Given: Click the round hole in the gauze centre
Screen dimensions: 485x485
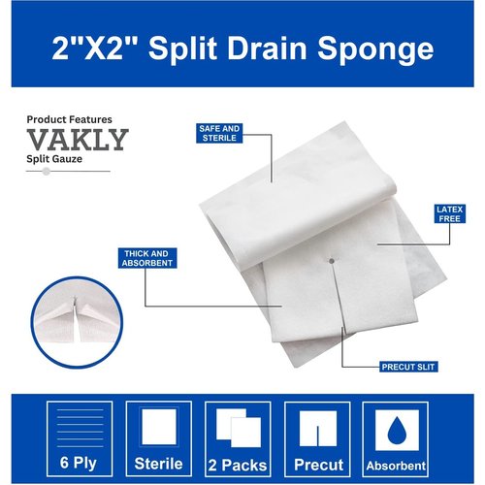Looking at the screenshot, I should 333,259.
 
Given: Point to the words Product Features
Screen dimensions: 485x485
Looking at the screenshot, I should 69,119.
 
